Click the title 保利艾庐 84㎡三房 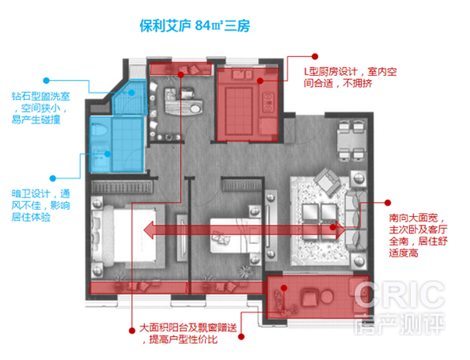point(195,26)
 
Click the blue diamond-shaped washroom point(130,98)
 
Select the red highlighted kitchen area point(247,105)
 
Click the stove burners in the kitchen point(267,102)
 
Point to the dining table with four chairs point(351,140)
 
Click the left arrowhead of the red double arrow point(149,230)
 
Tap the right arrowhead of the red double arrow point(340,230)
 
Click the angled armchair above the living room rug point(327,181)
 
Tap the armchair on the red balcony point(309,297)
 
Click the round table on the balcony point(327,297)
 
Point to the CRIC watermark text point(400,294)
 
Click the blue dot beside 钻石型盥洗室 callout point(46,80)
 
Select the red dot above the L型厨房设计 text point(315,56)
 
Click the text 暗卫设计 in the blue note point(30,194)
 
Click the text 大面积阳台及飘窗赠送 point(188,328)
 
